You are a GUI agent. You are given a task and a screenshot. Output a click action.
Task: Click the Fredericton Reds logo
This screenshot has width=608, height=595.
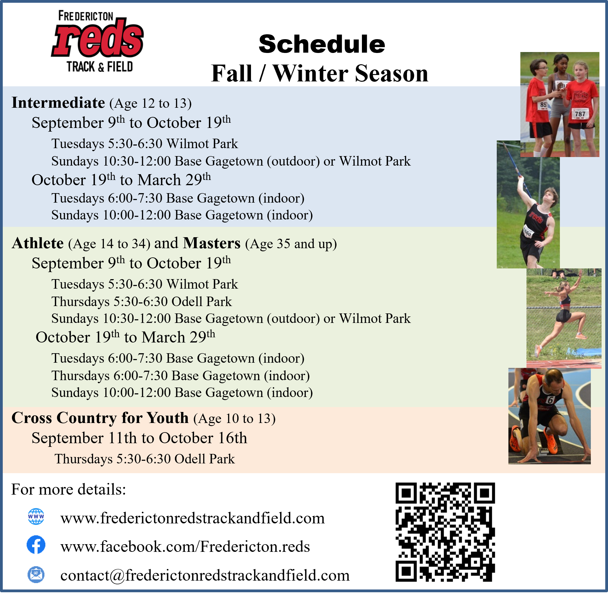tap(97, 42)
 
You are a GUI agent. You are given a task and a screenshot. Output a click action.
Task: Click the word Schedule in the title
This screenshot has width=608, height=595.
tap(322, 44)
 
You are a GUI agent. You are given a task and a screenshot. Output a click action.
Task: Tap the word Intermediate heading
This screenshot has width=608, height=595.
tap(58, 103)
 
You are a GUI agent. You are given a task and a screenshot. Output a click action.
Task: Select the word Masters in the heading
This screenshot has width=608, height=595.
tap(212, 243)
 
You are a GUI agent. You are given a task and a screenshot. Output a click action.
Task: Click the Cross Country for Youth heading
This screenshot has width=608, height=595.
tap(100, 418)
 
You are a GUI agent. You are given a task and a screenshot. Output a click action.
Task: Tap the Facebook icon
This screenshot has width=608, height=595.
tap(36, 545)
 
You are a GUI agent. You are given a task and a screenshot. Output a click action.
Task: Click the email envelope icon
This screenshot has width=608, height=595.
tap(36, 575)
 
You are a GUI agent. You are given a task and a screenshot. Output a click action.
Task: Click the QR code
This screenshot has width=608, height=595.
tap(445, 532)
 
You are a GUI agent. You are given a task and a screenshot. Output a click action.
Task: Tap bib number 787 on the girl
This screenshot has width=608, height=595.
tap(580, 114)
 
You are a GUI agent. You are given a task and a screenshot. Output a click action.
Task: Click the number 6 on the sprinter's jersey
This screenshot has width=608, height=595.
tap(550, 400)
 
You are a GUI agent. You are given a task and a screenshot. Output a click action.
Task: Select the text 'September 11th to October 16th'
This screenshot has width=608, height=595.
tap(139, 438)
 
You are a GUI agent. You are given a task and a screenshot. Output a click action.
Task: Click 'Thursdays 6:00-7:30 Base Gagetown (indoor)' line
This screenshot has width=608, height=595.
tap(180, 376)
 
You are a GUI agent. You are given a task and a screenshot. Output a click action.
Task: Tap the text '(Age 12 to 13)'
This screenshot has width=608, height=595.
tap(150, 103)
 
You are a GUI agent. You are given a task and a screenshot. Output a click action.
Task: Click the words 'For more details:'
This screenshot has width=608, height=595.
tap(69, 489)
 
